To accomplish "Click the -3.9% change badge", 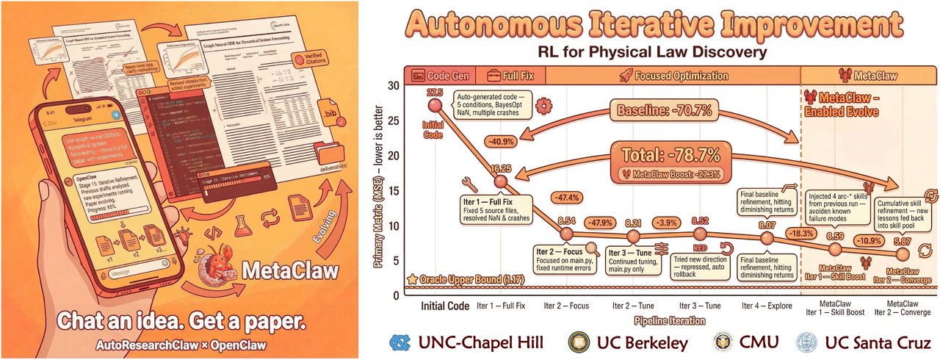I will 668,223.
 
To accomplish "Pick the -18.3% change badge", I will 800,234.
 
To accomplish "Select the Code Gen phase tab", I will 442,75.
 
